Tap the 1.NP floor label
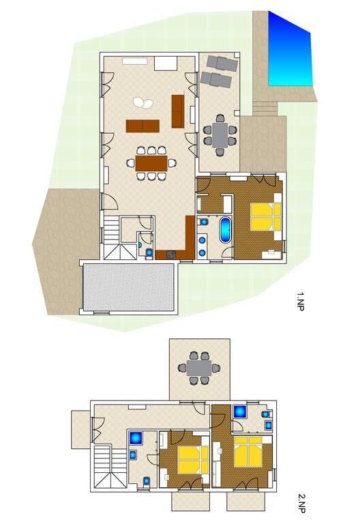(300, 302)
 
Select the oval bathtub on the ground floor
(225, 230)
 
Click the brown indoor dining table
(151, 163)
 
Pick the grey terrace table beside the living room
(220, 134)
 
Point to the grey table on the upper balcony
(199, 368)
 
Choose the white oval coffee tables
(143, 102)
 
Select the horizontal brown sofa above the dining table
(142, 126)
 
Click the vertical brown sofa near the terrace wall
(178, 111)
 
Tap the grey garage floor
(128, 287)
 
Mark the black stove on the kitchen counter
(171, 254)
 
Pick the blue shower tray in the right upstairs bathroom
(239, 411)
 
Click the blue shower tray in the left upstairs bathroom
(136, 437)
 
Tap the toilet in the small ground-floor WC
(149, 252)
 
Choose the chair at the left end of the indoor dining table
(130, 163)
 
